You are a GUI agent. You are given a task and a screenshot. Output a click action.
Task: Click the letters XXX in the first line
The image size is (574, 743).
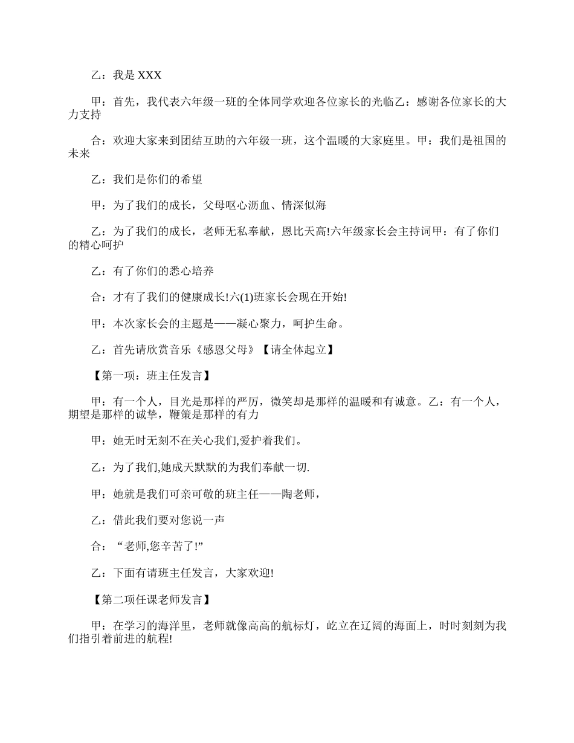(150, 76)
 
